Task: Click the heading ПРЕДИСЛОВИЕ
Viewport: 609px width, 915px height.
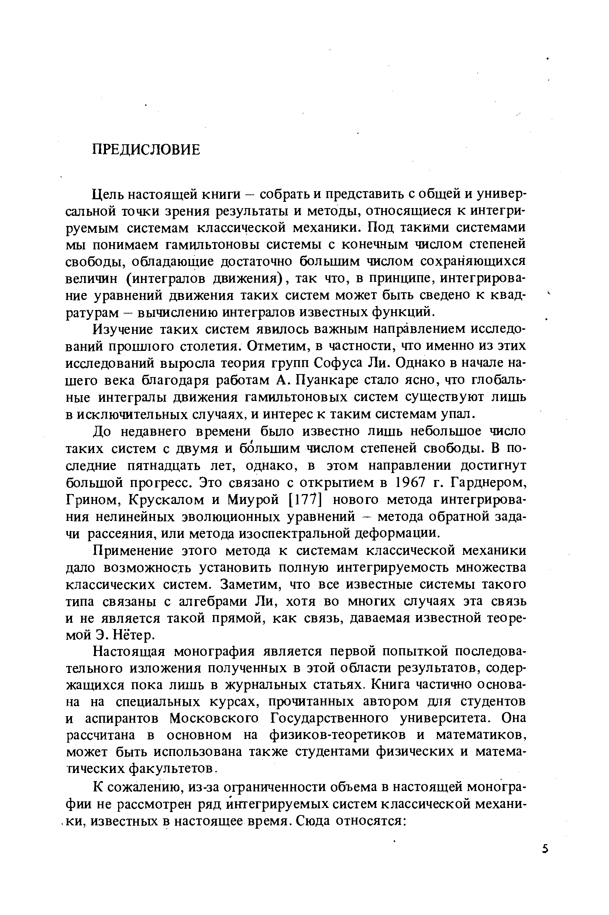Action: point(146,150)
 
